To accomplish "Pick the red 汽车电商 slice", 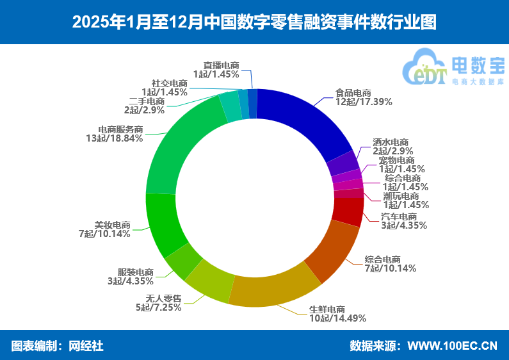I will point(348,211).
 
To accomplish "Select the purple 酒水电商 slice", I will point(343,164).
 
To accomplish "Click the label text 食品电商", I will point(353,92).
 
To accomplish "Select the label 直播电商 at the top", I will point(221,65).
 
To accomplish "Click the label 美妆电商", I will point(113,225).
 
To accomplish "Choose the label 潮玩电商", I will point(401,196).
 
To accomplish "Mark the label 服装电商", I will point(135,272).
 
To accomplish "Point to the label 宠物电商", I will point(396,160).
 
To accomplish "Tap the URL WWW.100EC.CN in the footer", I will point(452,346).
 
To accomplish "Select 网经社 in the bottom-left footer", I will point(86,346).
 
